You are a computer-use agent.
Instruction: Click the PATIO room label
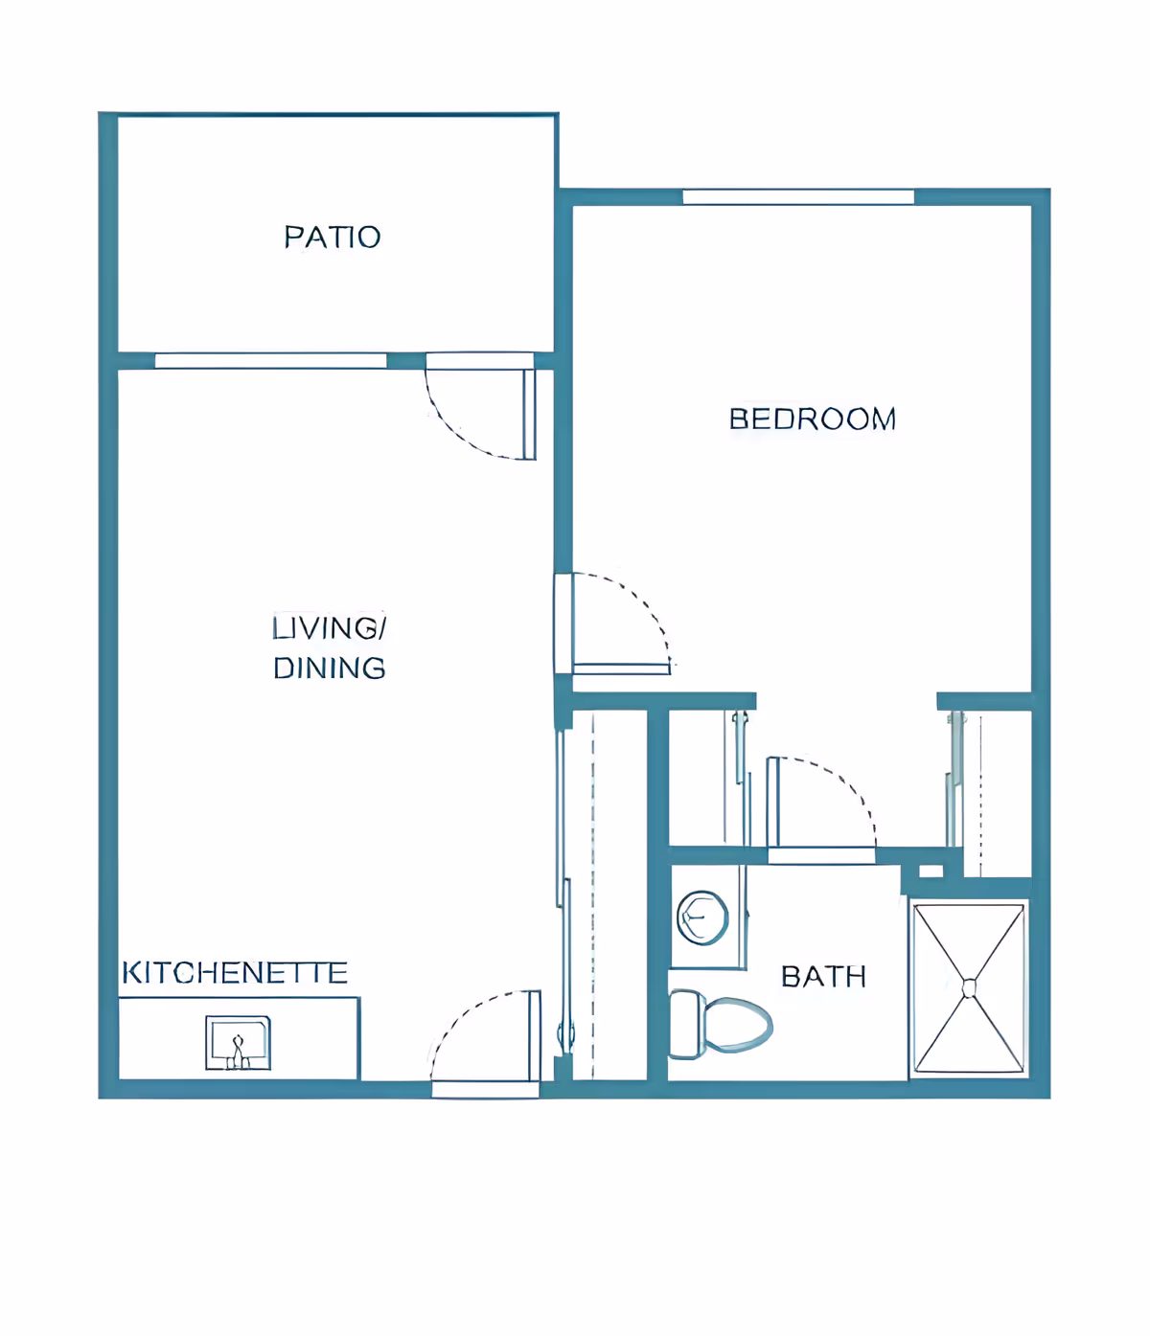[x=332, y=237]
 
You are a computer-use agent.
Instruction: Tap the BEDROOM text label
[x=812, y=419]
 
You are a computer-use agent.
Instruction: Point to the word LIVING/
[x=329, y=628]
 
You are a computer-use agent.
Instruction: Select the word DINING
[x=329, y=668]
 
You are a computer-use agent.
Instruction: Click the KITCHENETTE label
[x=235, y=973]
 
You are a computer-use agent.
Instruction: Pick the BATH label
[x=823, y=977]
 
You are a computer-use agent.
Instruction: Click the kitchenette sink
[x=238, y=1043]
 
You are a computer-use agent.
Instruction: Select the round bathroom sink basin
[x=701, y=917]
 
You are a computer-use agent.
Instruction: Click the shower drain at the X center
[x=969, y=987]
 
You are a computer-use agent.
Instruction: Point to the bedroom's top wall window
[x=798, y=197]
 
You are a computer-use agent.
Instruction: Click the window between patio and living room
[x=270, y=361]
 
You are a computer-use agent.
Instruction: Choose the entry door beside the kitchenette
[x=484, y=1039]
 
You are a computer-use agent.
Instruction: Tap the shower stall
[x=969, y=987]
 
